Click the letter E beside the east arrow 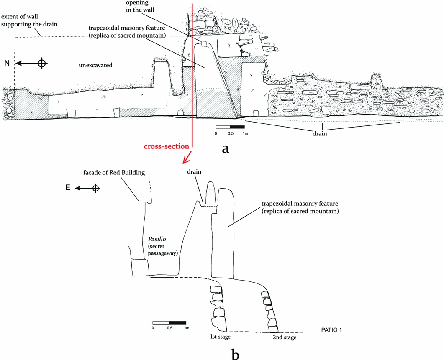coord(67,188)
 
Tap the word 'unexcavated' coord(96,65)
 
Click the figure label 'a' coord(226,148)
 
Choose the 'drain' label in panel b coord(195,171)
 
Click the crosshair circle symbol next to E coord(96,188)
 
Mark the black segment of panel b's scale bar coord(177,322)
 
